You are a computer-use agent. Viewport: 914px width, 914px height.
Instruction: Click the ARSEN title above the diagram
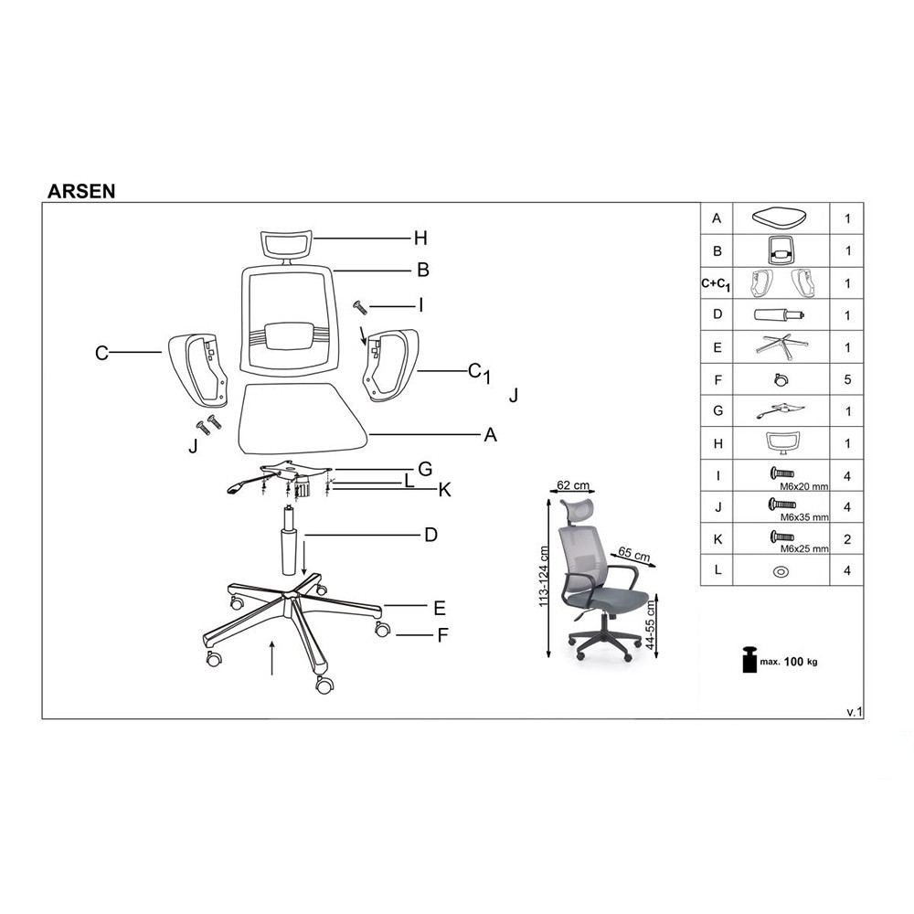pyautogui.click(x=81, y=191)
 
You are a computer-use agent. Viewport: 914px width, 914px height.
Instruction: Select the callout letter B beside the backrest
pyautogui.click(x=423, y=270)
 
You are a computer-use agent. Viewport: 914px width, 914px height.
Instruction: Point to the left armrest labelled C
pyautogui.click(x=197, y=369)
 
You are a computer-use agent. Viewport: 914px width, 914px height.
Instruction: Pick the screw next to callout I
pyautogui.click(x=359, y=307)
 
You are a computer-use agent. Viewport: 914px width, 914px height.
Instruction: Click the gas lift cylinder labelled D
pyautogui.click(x=289, y=540)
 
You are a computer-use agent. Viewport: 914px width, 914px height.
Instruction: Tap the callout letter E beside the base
pyautogui.click(x=440, y=609)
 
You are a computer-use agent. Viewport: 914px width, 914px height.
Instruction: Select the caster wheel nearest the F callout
pyautogui.click(x=382, y=629)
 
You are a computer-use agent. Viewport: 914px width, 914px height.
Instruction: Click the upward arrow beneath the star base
pyautogui.click(x=272, y=657)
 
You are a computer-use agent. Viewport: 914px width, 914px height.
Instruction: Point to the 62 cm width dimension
pyautogui.click(x=572, y=485)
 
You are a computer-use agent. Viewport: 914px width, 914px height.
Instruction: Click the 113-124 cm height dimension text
pyautogui.click(x=544, y=577)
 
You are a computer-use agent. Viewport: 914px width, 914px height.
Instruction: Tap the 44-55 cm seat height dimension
pyautogui.click(x=651, y=625)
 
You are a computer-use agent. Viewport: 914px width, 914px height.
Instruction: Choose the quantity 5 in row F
pyautogui.click(x=847, y=379)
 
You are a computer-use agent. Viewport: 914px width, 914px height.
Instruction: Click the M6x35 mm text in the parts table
pyautogui.click(x=804, y=517)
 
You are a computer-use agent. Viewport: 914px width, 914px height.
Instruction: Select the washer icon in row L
pyautogui.click(x=781, y=572)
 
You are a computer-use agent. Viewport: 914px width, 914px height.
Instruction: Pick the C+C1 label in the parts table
pyautogui.click(x=716, y=284)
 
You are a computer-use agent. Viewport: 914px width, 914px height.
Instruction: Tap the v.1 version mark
pyautogui.click(x=855, y=712)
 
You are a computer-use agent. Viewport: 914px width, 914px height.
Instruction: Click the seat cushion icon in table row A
pyautogui.click(x=780, y=218)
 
